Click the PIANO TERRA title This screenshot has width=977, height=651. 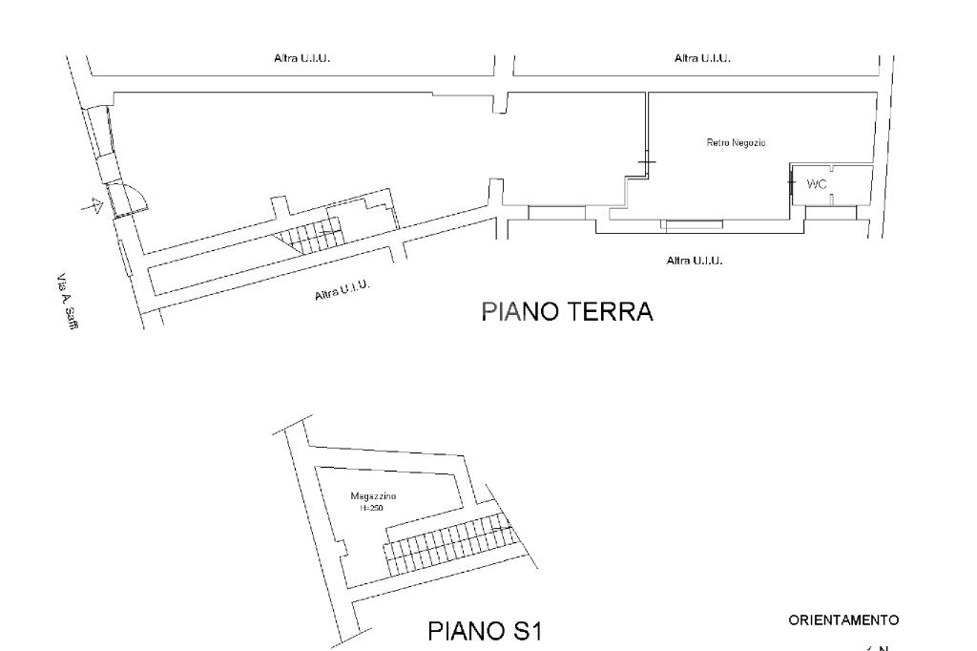point(567,312)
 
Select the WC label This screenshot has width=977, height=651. point(817,184)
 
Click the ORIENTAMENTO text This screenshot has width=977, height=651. point(842,621)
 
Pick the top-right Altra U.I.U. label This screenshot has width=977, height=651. point(702,58)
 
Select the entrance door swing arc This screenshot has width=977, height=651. point(136,197)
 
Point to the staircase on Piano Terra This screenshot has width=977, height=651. point(307,235)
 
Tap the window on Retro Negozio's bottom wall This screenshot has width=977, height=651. point(694,225)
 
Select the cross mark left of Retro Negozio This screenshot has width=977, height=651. point(647,164)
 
